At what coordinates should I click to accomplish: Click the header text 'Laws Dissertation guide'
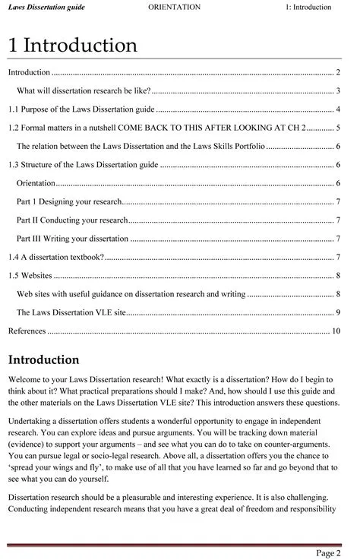tap(46, 8)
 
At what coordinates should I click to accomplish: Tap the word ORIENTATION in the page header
tap(175, 8)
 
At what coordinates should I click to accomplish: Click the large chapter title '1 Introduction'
tap(73, 46)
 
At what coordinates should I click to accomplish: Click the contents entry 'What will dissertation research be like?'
tap(84, 91)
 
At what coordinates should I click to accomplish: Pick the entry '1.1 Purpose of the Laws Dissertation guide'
tap(81, 109)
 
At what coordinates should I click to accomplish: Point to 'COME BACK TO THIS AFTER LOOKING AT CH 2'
tap(222, 128)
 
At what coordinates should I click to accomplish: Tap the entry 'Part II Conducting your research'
tap(72, 220)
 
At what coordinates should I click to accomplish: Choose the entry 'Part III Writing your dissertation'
tap(73, 239)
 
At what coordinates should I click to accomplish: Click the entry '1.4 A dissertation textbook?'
tap(56, 257)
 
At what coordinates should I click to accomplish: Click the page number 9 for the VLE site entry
tap(337, 312)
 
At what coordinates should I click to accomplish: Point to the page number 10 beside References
tap(336, 331)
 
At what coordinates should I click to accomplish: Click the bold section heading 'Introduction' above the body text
tap(44, 359)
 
